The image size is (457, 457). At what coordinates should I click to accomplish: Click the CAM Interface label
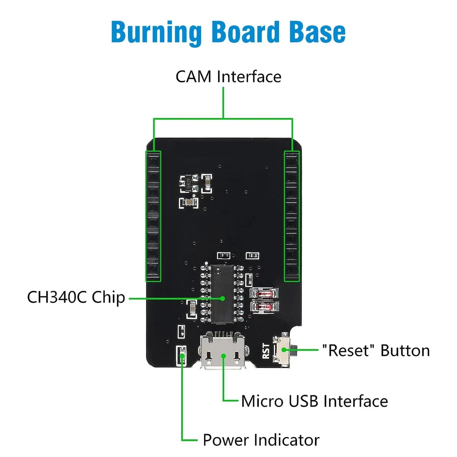pos(228,76)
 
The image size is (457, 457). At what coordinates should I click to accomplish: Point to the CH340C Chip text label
pos(76,298)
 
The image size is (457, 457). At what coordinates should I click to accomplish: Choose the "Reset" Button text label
pos(376,350)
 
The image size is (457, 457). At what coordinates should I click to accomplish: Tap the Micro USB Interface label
pos(314,401)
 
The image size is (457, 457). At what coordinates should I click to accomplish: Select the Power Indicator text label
pos(261,439)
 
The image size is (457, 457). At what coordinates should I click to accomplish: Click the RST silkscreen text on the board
pos(266,351)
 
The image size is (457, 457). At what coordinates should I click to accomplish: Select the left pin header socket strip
pos(153,216)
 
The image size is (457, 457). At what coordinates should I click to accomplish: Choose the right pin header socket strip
pos(292,216)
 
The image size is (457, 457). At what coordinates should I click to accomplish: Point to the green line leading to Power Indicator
pos(182,405)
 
